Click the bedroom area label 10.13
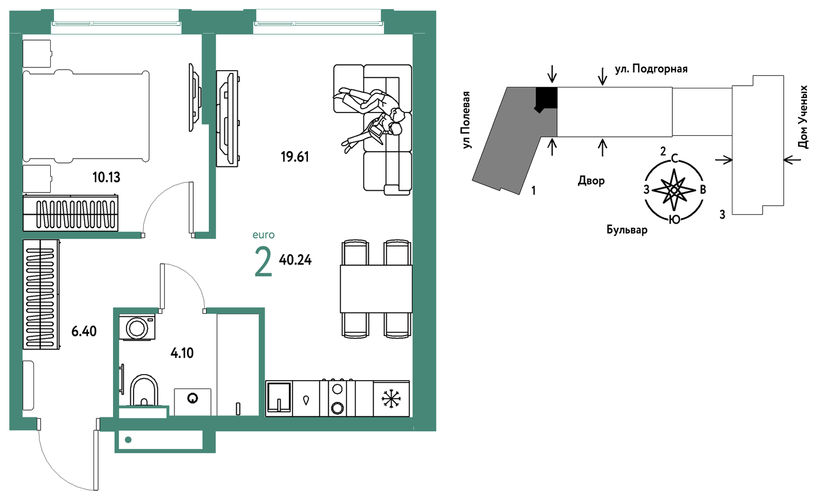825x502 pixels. [106, 177]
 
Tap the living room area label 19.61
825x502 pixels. [295, 157]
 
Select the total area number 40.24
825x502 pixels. [295, 260]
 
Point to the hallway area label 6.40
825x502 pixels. [84, 331]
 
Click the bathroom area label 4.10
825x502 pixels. [182, 353]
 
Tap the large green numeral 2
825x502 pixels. [263, 262]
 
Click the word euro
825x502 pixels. [263, 235]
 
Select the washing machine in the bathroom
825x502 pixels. [137, 328]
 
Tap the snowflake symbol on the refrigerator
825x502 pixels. [391, 399]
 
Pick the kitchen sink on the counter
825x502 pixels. [279, 398]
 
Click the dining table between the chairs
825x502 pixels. [376, 289]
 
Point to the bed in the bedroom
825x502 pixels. [86, 116]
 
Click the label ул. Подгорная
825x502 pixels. [651, 69]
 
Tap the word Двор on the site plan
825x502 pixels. [591, 181]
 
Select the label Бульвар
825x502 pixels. [627, 230]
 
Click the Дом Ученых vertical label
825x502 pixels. [803, 117]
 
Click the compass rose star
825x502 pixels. [674, 190]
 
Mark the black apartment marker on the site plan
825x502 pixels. [546, 99]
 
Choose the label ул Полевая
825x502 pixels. [466, 120]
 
